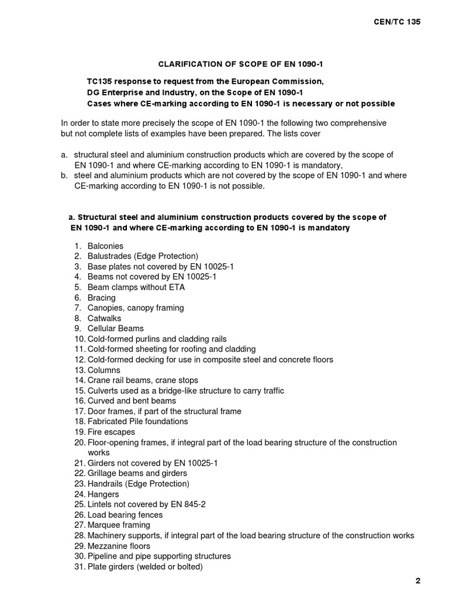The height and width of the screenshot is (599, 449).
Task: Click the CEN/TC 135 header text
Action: tap(397, 22)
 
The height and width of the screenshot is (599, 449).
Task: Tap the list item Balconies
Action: tap(105, 246)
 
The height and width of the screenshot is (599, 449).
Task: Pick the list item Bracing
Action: tap(102, 298)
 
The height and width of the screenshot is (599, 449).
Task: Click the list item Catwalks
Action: tap(105, 318)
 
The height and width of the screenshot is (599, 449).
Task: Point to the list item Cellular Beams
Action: tap(115, 329)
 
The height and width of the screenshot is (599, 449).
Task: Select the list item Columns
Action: tap(104, 370)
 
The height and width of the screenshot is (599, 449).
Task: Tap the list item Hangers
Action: tap(103, 494)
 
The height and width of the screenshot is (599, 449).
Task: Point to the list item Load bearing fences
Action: tap(125, 515)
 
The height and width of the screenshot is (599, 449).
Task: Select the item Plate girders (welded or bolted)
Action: tap(145, 567)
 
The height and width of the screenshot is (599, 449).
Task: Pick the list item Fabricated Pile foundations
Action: tap(138, 422)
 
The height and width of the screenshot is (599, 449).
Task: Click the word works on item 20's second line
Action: tap(98, 453)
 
